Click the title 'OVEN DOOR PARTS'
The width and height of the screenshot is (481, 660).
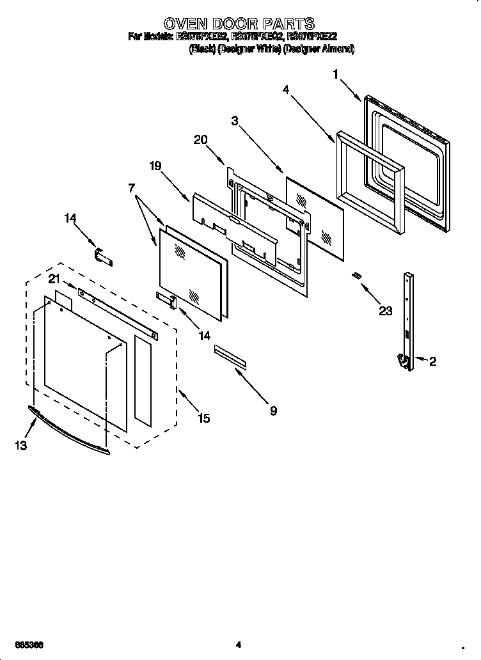(x=239, y=24)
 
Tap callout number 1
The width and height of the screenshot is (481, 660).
(x=335, y=75)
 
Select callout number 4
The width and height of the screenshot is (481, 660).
(x=286, y=90)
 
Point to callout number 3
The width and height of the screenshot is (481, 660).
(x=235, y=120)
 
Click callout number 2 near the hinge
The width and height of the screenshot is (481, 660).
(x=432, y=361)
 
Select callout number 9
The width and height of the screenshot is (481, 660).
(x=273, y=411)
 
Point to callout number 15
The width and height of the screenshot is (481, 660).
(x=203, y=418)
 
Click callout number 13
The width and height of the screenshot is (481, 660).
(x=21, y=446)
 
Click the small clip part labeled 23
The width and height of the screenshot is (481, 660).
(x=357, y=275)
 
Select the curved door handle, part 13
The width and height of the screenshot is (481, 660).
(x=67, y=432)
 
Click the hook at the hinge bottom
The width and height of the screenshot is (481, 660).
(x=404, y=362)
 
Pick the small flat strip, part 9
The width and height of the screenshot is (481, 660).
(x=230, y=357)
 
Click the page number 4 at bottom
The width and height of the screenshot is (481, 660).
(x=238, y=644)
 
